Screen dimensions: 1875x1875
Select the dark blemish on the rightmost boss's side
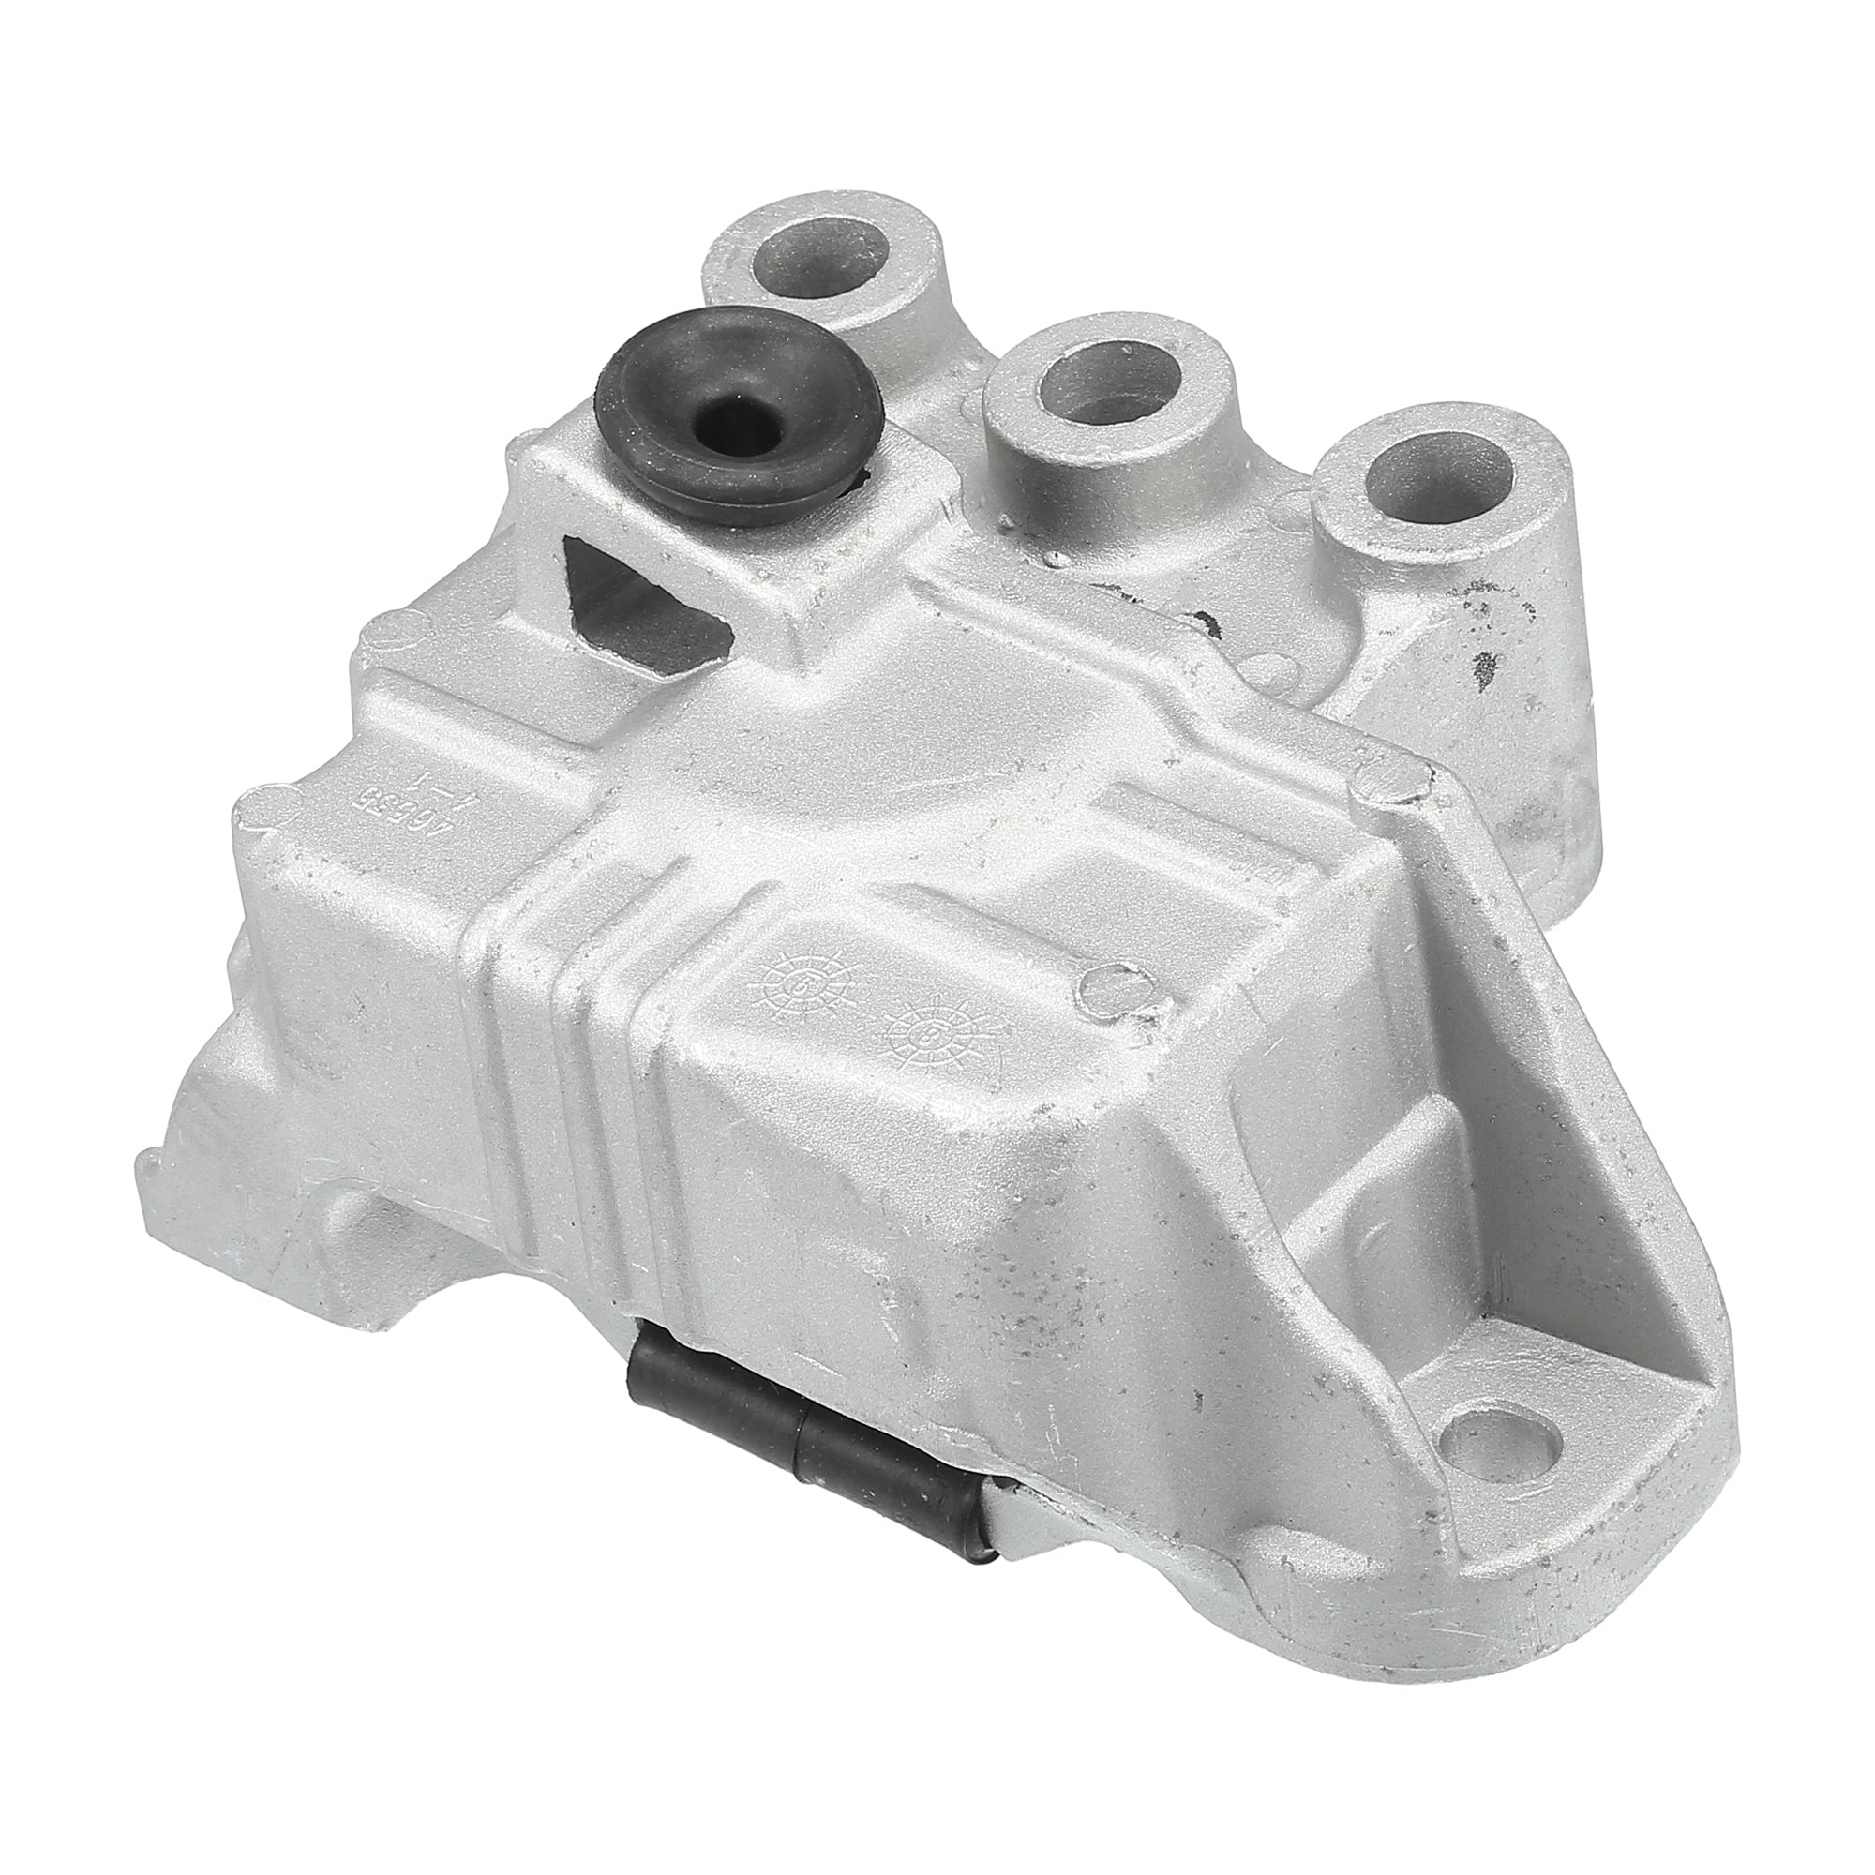1482,668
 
